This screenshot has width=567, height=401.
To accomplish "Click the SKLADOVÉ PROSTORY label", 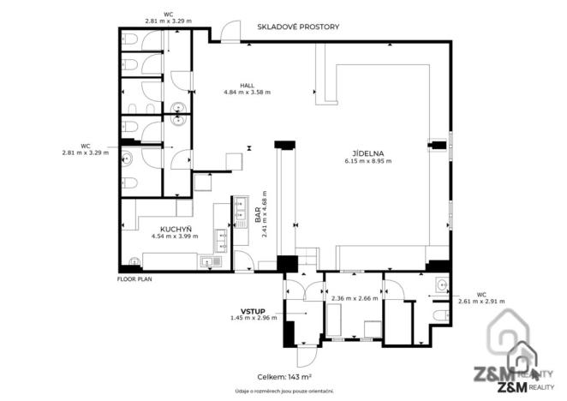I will coord(298,27).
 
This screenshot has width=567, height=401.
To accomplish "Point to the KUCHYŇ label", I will coord(175,229).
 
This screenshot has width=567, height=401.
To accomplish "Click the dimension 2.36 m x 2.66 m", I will coord(349,299).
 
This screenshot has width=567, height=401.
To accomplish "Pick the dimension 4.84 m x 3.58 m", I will coord(247,93).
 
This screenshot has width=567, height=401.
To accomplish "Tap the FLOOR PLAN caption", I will coord(134,279).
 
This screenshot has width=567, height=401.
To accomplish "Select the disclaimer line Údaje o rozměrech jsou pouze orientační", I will coord(284,391).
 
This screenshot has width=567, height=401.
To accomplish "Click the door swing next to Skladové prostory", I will coord(230,33).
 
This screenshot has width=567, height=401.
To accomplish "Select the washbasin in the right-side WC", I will coord(440,285).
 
